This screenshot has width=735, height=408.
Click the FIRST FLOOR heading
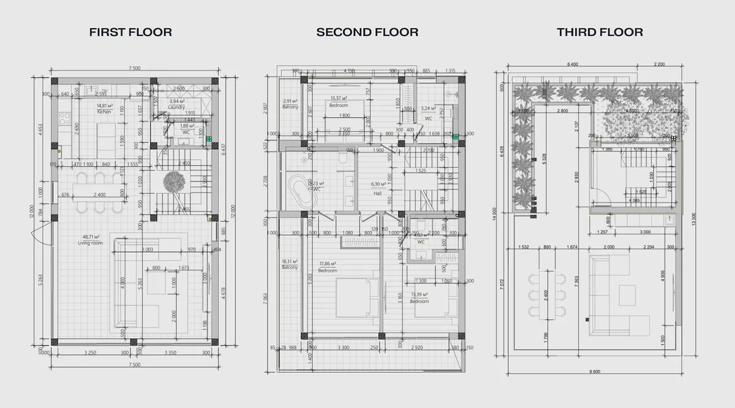coord(130,33)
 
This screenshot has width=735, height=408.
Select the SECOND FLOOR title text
coord(367,33)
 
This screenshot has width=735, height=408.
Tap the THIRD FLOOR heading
coord(600,33)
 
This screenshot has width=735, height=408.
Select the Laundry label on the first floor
coord(176,107)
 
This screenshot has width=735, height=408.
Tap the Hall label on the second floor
coord(378,193)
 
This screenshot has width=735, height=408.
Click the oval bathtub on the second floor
coord(300,190)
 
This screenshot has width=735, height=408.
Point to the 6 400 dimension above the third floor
coord(573,64)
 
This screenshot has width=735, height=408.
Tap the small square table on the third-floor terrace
coord(627,295)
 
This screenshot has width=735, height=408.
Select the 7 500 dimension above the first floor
coord(134,68)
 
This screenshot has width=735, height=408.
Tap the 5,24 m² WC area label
coord(429,109)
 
